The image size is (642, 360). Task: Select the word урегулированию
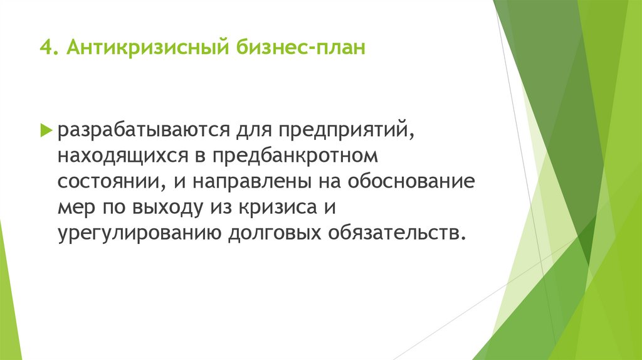(x=139, y=232)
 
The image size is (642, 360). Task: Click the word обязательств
(x=396, y=232)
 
